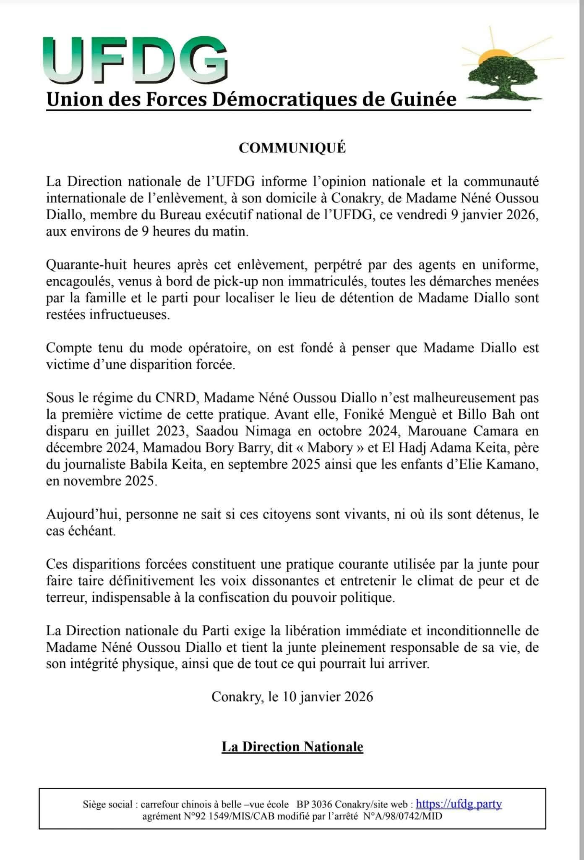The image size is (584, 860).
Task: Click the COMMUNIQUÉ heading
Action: pyautogui.click(x=292, y=148)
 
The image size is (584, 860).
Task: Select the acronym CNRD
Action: pyautogui.click(x=176, y=398)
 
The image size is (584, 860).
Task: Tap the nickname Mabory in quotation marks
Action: pyautogui.click(x=330, y=448)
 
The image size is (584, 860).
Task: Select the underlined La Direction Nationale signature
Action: pyautogui.click(x=292, y=747)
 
